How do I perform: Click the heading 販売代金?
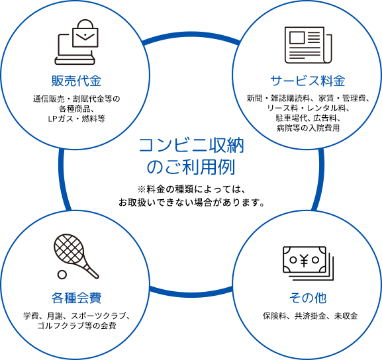tap(76, 81)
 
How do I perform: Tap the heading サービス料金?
tap(308, 81)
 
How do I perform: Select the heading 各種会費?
tap(76, 298)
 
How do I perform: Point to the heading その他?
tap(308, 298)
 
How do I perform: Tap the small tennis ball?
tap(62, 275)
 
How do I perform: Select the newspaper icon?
tap(309, 45)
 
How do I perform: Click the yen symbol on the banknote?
tap(304, 260)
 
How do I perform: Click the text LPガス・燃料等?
tap(77, 119)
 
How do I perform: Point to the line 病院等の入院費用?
tap(308, 128)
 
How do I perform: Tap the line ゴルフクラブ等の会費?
tap(77, 326)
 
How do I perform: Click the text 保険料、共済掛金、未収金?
tap(310, 316)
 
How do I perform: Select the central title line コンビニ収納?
tap(191, 146)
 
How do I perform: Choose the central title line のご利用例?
tap(191, 167)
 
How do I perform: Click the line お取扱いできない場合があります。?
tap(191, 202)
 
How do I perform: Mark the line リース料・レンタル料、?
tap(308, 108)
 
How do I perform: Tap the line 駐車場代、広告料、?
tap(308, 118)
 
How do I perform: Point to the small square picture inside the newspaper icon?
tap(297, 38)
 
